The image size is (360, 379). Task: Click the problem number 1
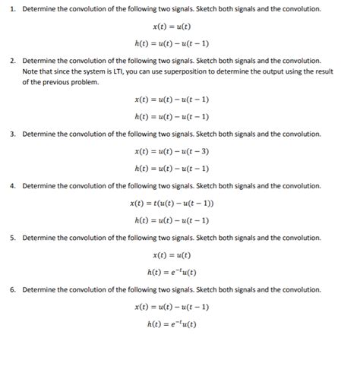12,8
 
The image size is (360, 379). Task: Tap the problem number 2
12,59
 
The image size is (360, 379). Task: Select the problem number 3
12,133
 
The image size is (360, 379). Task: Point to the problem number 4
12,185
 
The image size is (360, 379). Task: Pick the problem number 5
12,237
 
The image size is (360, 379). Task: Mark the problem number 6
12,289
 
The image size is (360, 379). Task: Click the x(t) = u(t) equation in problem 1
171,26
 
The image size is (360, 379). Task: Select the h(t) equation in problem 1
171,43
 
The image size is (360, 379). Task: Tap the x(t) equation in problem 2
171,99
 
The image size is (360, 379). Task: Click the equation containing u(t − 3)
171,150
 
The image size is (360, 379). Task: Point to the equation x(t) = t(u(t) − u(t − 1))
171,203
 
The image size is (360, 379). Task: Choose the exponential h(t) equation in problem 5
171,272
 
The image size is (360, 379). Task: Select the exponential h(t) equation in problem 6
171,324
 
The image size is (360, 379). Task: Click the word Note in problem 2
30,70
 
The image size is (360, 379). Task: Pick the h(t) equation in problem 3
171,168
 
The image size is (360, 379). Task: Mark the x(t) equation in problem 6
171,307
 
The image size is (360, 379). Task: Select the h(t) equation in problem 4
171,220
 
